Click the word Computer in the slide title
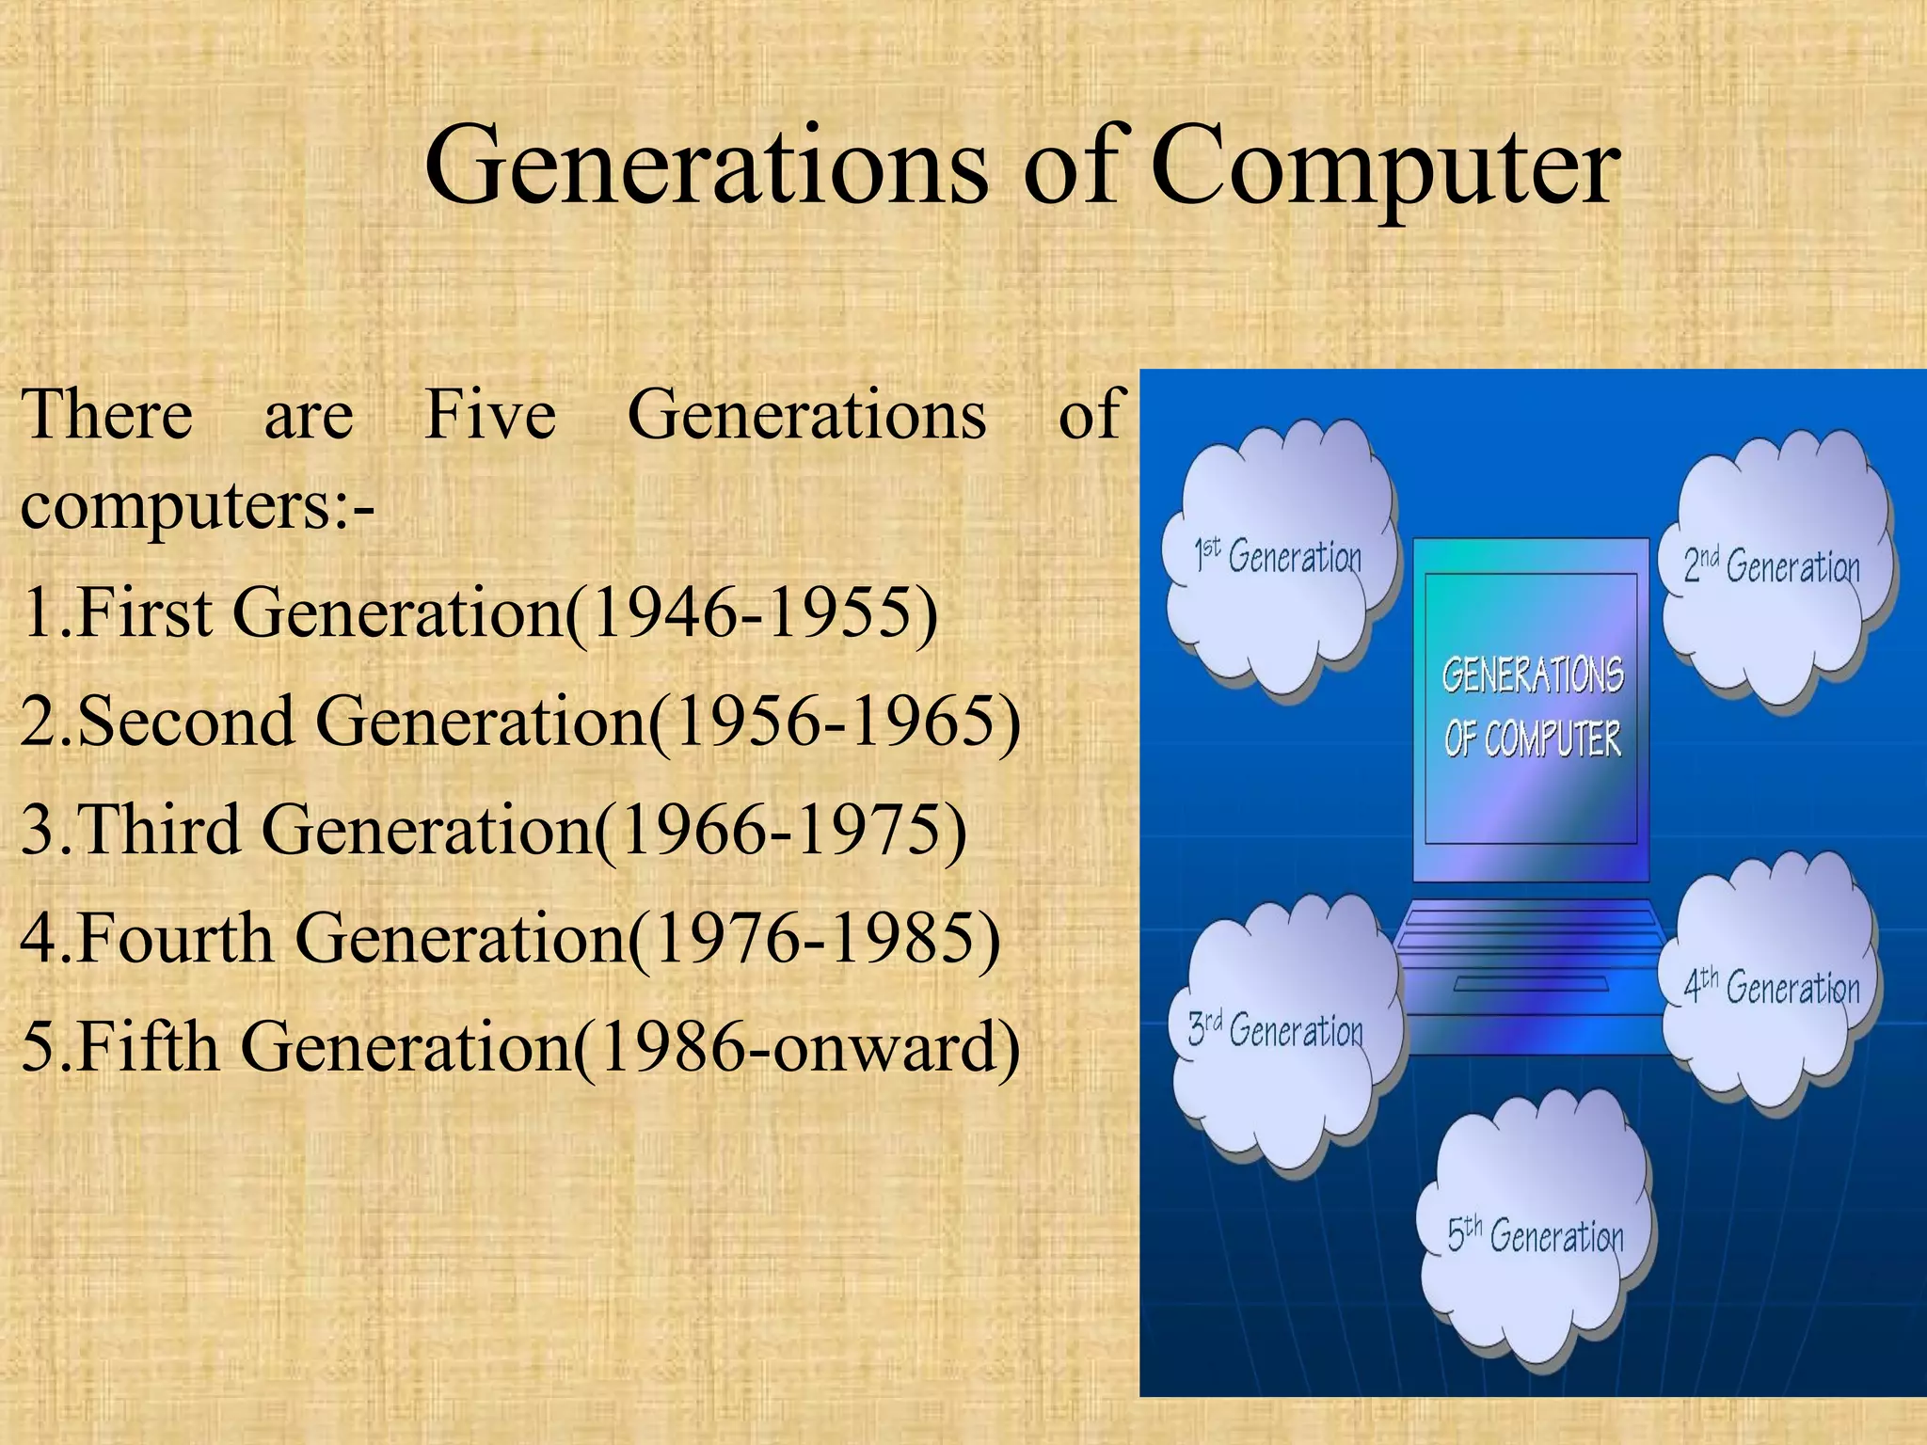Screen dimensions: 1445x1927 tap(1385, 167)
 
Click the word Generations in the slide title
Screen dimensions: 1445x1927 tap(707, 167)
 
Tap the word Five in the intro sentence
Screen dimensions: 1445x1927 tap(490, 415)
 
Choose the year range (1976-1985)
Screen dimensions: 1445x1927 tap(813, 939)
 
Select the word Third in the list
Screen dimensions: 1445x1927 tap(159, 831)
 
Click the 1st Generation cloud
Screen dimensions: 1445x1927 tap(1278, 559)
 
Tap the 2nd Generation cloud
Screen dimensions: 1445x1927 tap(1773, 568)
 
